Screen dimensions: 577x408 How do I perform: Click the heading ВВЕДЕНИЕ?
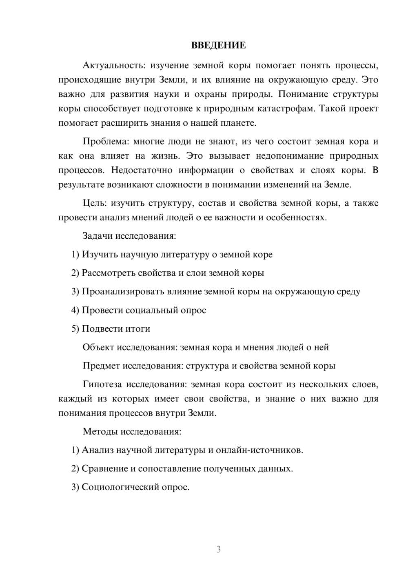point(218,45)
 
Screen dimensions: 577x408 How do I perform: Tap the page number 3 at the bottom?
point(218,549)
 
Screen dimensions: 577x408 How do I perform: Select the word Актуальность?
point(113,65)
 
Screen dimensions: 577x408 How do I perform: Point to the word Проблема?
point(105,142)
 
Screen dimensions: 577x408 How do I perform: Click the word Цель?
point(94,203)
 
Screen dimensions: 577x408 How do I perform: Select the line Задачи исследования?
point(129,236)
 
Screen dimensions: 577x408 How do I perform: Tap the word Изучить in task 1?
point(100,255)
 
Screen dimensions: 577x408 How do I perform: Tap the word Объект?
point(98,347)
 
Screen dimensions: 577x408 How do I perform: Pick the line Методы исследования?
point(132,431)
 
